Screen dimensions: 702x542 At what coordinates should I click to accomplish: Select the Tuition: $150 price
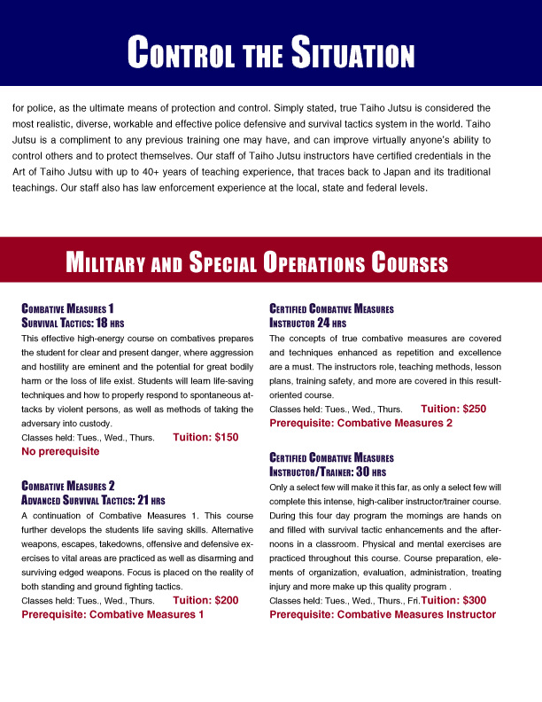tap(206, 437)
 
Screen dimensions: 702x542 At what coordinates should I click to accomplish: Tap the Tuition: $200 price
tap(206, 599)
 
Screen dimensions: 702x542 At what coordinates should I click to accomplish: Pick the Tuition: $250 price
tap(453, 409)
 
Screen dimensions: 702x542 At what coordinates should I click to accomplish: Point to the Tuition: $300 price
tap(453, 600)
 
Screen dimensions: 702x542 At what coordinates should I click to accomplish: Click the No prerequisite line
tap(60, 451)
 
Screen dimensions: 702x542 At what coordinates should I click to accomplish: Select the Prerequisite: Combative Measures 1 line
tap(112, 613)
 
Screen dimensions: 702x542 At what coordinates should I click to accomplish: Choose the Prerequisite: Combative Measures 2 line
tap(360, 423)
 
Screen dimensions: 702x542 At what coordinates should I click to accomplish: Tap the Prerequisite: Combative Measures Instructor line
tap(383, 614)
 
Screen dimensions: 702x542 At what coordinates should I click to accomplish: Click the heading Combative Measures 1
tap(67, 308)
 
